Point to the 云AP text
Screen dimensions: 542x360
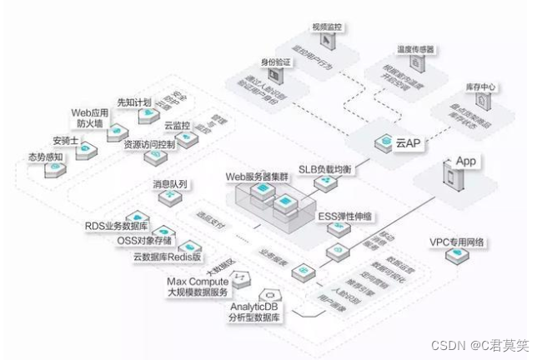[409, 143]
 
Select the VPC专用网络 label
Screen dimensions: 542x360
[457, 242]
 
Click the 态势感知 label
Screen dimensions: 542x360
[44, 156]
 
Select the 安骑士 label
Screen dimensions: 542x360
[65, 139]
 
